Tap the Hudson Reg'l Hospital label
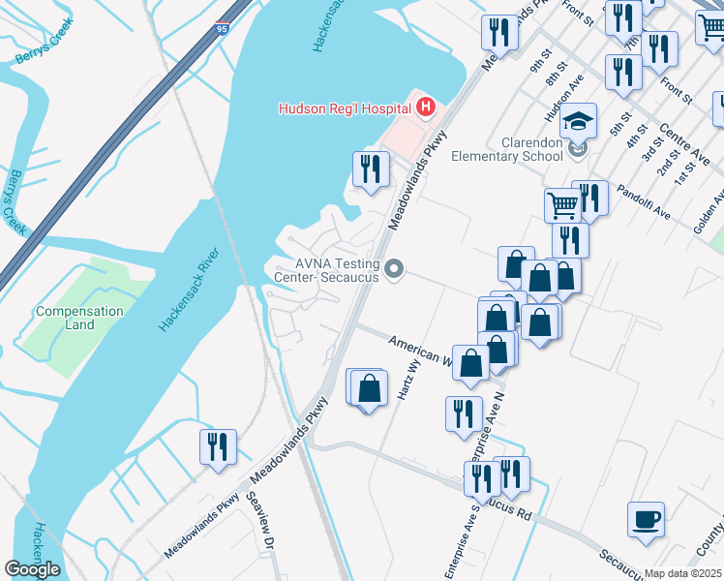pos(346,109)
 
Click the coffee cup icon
pos(646,519)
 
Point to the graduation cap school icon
pos(578,121)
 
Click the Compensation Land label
pos(79,318)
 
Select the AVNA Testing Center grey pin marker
pos(393,269)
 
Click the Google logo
pos(32,569)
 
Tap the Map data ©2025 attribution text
pos(682,573)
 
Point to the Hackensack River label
pos(191,290)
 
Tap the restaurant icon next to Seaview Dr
pos(217,446)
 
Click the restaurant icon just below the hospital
pos(370,169)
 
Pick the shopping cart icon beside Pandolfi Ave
pos(561,204)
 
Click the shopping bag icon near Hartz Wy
pos(369,388)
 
